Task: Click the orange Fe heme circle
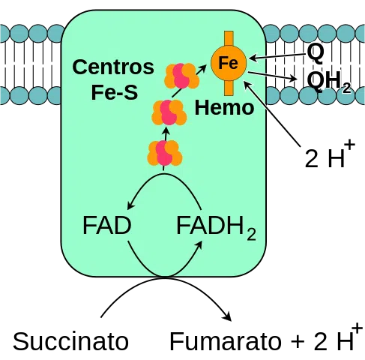(x=229, y=63)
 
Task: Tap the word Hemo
(x=224, y=108)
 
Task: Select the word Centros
(x=113, y=67)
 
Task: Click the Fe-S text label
(x=115, y=92)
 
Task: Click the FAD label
(x=106, y=226)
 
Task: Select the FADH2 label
(x=217, y=227)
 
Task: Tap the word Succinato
(x=70, y=341)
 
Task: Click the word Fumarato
(x=226, y=341)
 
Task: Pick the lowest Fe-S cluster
(x=165, y=153)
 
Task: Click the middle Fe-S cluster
(x=169, y=112)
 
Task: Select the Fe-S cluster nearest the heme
(x=181, y=76)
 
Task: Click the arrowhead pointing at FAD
(x=130, y=205)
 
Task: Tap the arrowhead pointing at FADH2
(x=199, y=245)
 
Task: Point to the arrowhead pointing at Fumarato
(x=228, y=317)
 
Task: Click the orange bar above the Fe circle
(x=229, y=39)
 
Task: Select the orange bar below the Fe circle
(x=229, y=88)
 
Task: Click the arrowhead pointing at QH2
(x=293, y=79)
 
